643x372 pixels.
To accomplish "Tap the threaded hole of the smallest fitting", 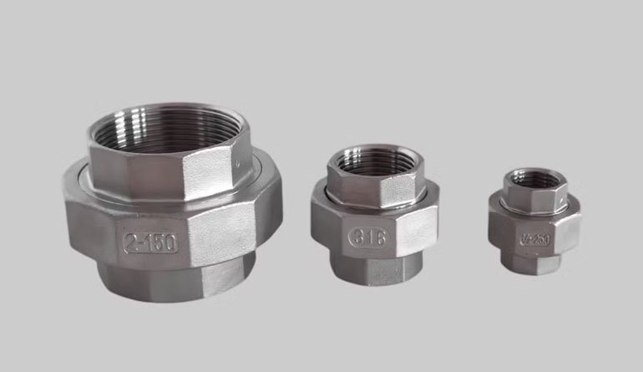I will point(530,178).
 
